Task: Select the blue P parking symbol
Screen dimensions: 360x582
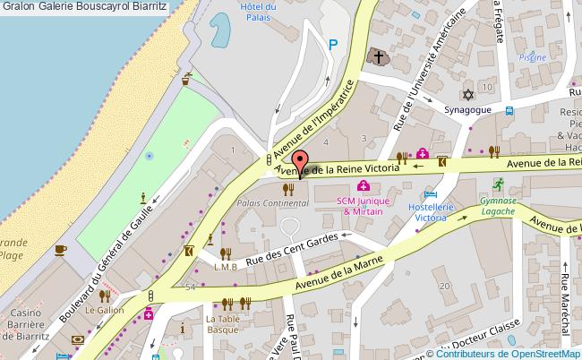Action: [x=333, y=44]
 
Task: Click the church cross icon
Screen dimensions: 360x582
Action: [x=379, y=58]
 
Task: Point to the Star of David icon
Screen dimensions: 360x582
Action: [x=466, y=95]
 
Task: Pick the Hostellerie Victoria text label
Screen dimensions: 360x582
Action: [x=432, y=211]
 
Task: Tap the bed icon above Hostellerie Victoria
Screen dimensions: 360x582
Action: [x=432, y=194]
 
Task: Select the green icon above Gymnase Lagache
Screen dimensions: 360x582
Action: [x=497, y=186]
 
